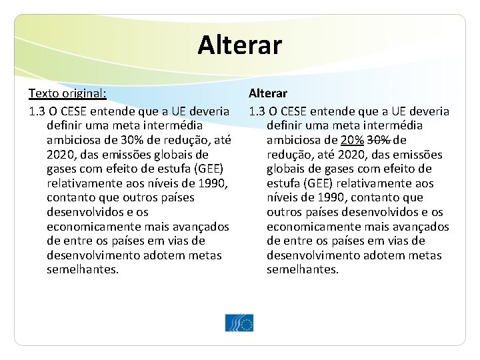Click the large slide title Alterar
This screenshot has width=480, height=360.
(x=240, y=45)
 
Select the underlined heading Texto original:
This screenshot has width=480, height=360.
(x=67, y=93)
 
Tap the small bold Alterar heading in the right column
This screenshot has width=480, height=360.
(x=268, y=93)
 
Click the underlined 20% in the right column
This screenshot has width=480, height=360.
(x=352, y=140)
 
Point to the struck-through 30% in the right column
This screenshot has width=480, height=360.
(x=379, y=140)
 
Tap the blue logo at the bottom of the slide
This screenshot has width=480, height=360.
(x=239, y=323)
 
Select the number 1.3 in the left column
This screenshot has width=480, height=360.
(x=37, y=111)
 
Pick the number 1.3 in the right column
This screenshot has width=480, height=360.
(x=257, y=111)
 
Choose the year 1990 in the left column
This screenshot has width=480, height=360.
(x=215, y=183)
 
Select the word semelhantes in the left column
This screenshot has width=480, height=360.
(x=83, y=269)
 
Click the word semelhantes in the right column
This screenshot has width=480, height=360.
(x=303, y=269)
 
